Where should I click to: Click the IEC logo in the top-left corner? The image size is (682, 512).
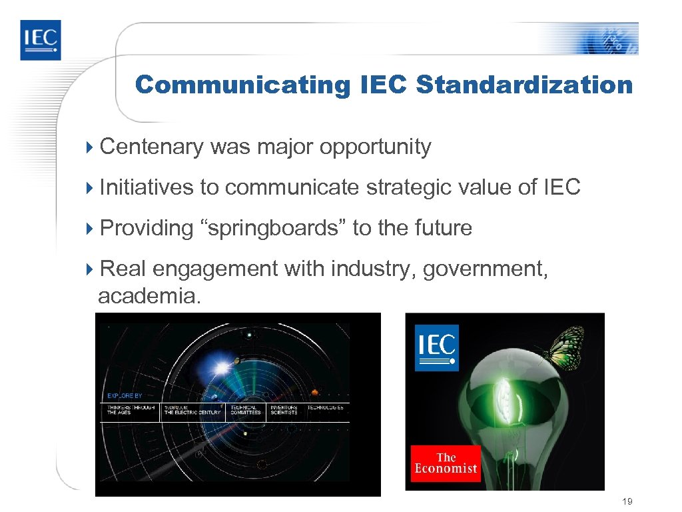pos(40,40)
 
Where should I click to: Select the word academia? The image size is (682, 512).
pos(148,296)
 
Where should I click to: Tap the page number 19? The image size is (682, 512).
pos(626,501)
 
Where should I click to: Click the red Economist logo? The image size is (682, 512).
pos(446,463)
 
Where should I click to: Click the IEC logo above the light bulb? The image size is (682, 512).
pos(437,347)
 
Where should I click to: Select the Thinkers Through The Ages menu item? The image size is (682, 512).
pos(131,410)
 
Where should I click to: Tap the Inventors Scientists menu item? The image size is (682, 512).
pos(284,410)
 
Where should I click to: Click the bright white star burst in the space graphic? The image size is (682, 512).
pos(221,366)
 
